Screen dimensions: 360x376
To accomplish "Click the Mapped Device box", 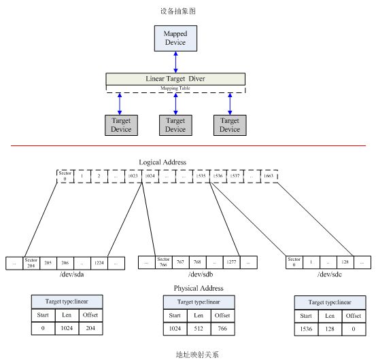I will pos(175,38).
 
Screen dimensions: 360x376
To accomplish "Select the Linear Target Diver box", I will pos(175,79).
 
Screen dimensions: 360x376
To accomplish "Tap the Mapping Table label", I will pos(175,88).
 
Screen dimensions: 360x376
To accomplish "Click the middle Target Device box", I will pos(175,125).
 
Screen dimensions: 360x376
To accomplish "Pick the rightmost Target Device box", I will pos(230,125).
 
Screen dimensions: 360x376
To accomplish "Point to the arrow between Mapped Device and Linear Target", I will pos(175,60).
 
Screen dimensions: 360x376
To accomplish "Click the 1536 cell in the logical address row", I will pos(218,176).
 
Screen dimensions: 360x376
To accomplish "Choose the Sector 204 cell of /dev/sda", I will pos(31,262).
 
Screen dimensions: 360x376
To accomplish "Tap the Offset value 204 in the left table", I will pos(90,329).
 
